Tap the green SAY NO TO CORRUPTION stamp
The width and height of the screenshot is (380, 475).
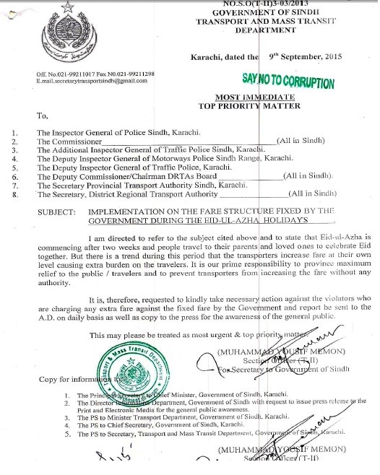(288, 81)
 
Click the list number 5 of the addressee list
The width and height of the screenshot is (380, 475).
(16, 175)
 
